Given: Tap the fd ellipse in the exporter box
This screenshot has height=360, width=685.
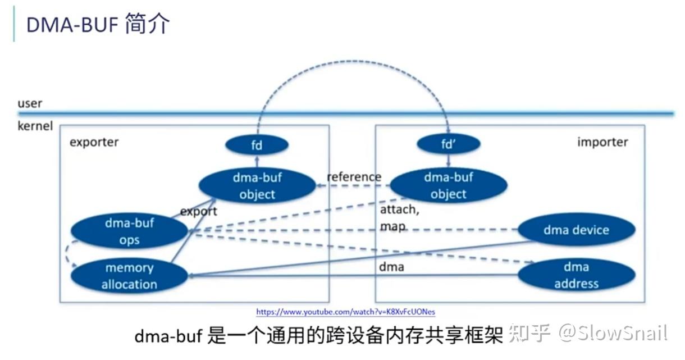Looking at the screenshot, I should coord(257,145).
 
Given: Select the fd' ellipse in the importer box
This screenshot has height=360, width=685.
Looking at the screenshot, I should coord(448,144).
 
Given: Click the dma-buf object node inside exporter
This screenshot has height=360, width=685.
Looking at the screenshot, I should coord(257,186).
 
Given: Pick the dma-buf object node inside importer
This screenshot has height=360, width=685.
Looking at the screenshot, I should coord(448,185).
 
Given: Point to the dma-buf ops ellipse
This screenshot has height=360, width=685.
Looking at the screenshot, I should coord(129,231).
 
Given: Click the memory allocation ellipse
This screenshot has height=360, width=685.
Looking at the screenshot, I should coord(129,276).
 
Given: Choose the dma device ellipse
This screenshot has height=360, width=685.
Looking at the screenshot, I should coord(576,230).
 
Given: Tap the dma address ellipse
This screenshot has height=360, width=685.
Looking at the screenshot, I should coord(576,275).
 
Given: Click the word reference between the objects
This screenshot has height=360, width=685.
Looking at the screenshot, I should coord(354,177).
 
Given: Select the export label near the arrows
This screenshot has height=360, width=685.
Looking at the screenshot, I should coord(198,212).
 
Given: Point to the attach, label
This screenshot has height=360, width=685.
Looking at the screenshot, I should coord(399,209).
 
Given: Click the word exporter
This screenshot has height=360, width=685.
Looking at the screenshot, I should coord(94,142).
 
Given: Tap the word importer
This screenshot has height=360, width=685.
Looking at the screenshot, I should coord(602,142).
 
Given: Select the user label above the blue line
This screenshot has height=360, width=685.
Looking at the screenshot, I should coord(30,103).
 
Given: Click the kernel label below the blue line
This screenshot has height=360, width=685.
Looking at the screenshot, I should coord(35,126).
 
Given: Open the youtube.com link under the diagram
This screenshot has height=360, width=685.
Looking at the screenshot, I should coord(346,312).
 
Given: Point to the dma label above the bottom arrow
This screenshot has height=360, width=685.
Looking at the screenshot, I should coord(391,267).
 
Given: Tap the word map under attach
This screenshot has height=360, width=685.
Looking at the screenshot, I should coord(393,226).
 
